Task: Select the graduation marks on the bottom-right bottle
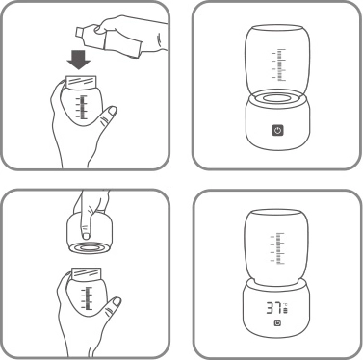pos(280,245)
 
